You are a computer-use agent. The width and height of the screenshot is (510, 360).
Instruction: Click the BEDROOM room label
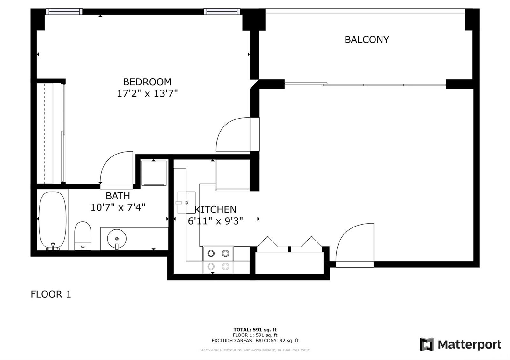(147, 82)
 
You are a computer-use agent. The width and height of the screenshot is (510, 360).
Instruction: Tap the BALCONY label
(367, 40)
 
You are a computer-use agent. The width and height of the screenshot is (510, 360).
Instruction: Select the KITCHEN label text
(215, 210)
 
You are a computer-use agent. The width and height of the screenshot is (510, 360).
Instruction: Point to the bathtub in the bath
(53, 221)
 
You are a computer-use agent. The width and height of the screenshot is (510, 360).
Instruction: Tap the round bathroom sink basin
(117, 239)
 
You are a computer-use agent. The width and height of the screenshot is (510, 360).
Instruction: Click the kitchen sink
(186, 203)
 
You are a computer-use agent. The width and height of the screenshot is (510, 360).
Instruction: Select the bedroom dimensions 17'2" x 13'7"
(147, 94)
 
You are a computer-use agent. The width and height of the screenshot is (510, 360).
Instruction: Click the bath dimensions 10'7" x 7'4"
(118, 207)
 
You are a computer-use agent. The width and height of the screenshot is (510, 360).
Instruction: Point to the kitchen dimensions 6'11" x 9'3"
(215, 221)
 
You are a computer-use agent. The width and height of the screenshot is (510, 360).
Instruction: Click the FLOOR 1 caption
(51, 294)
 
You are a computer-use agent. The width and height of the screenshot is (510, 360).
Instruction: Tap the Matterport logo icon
(427, 344)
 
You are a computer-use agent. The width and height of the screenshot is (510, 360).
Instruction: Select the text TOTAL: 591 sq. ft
(255, 329)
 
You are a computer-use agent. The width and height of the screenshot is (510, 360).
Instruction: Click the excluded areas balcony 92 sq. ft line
(255, 341)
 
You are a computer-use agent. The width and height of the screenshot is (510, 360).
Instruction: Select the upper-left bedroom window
(64, 11)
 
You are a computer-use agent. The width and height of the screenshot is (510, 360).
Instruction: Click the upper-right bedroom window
(222, 11)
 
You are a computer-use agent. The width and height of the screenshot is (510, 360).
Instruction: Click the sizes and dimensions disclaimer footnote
(255, 350)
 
